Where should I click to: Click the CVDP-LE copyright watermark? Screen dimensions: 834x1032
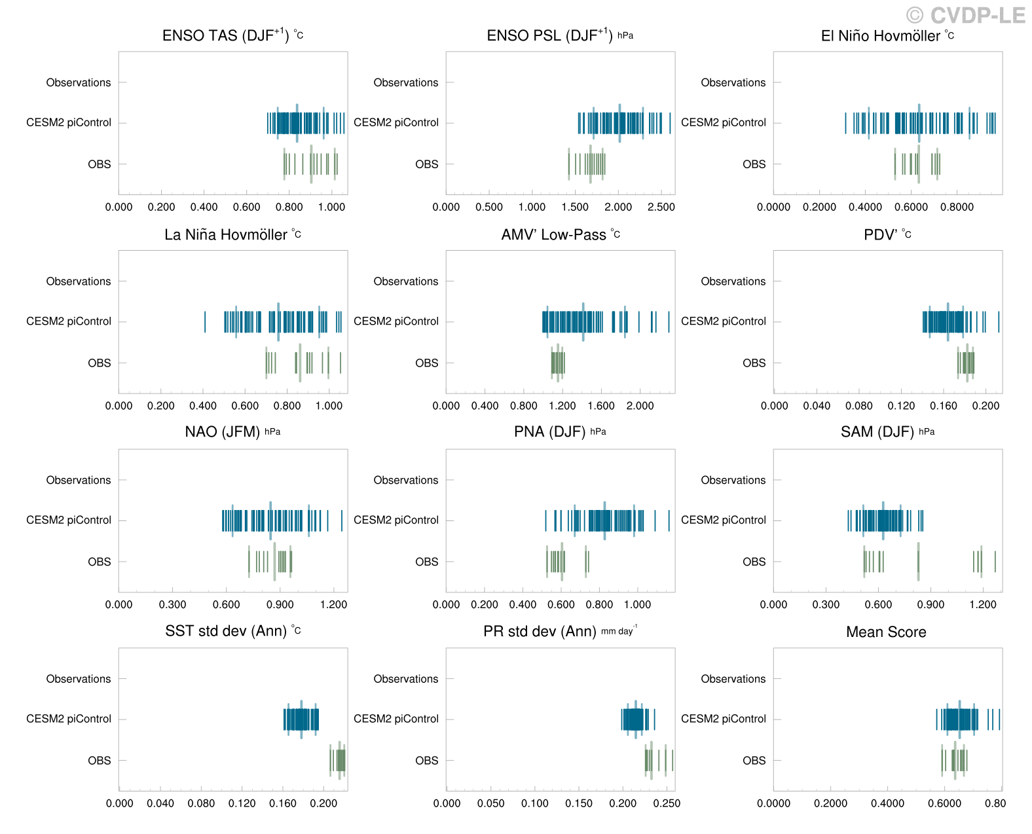coord(966,15)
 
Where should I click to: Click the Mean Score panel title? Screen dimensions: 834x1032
coord(886,632)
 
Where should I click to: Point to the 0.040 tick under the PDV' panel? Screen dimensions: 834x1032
coord(817,406)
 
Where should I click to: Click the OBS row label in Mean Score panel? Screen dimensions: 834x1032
coord(754,761)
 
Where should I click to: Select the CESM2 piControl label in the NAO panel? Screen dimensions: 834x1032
coord(69,520)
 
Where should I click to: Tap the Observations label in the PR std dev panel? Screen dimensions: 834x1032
coord(406,680)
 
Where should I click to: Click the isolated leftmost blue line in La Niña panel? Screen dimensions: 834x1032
coord(205,322)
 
